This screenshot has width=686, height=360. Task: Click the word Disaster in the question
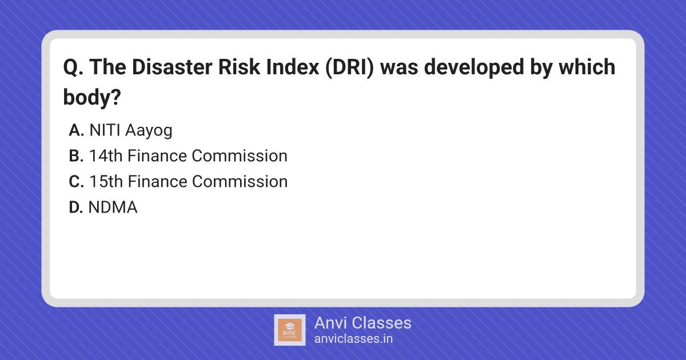[172, 67]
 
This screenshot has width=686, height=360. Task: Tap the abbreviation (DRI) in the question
[350, 67]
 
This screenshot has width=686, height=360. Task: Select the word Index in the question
[293, 67]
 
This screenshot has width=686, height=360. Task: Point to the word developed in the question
[474, 67]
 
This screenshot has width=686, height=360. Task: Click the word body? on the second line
[92, 97]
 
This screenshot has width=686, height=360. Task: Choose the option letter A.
[76, 130]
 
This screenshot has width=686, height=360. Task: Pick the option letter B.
[76, 156]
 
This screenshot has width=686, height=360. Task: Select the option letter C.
[76, 182]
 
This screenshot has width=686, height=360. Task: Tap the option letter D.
[76, 207]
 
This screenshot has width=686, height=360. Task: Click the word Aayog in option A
[149, 131]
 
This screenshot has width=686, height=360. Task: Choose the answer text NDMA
[113, 207]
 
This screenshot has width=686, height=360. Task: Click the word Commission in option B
[240, 156]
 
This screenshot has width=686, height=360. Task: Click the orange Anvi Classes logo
[290, 330]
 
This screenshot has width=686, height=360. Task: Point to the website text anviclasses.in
[353, 339]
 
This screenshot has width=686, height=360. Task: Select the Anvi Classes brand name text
[363, 323]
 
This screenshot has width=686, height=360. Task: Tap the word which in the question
[587, 67]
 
